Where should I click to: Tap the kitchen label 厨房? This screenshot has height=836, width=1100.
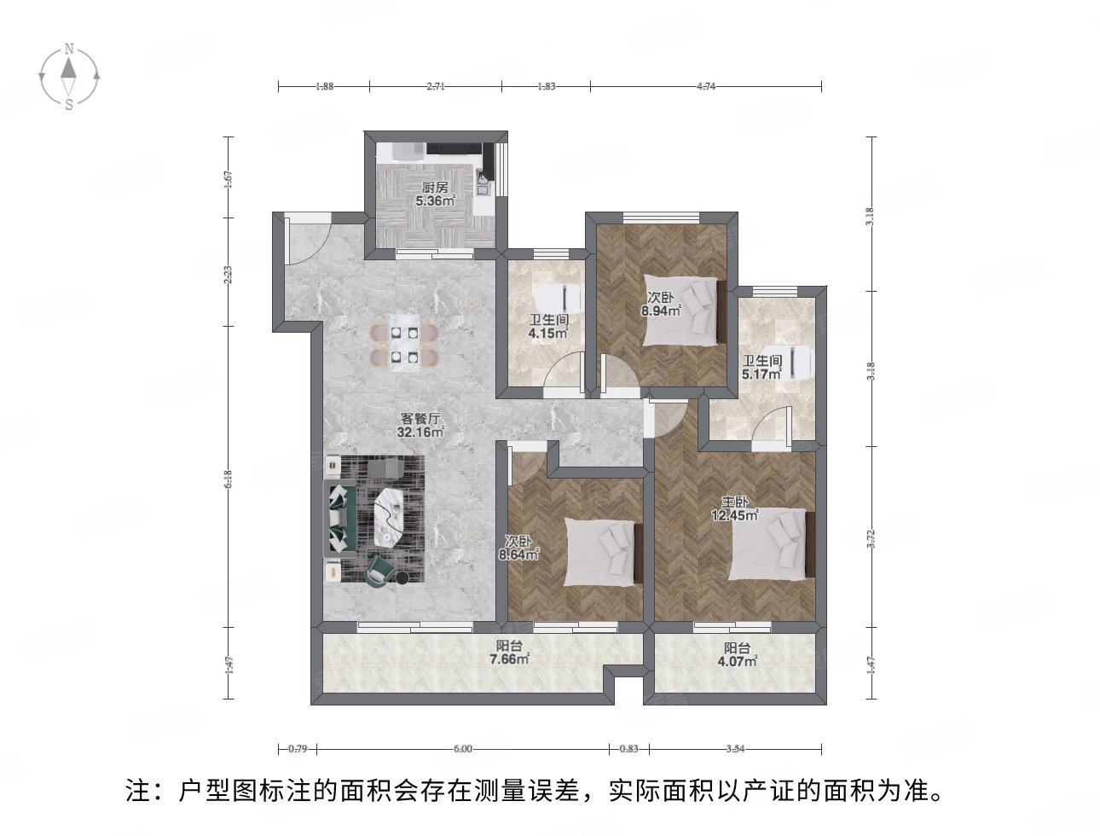tap(435, 189)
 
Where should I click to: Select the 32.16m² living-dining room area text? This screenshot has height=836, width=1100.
tap(420, 433)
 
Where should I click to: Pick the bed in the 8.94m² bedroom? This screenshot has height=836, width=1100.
tap(683, 310)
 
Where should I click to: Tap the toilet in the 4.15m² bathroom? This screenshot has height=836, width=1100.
tap(559, 296)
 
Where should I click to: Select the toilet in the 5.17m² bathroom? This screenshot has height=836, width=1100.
tap(801, 362)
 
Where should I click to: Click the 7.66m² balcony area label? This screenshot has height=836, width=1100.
tap(509, 659)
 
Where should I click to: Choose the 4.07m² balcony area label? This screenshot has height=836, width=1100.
tap(736, 659)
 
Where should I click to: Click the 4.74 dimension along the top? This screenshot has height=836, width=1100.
tap(706, 86)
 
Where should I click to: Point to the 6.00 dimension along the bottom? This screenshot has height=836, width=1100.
tap(461, 749)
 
